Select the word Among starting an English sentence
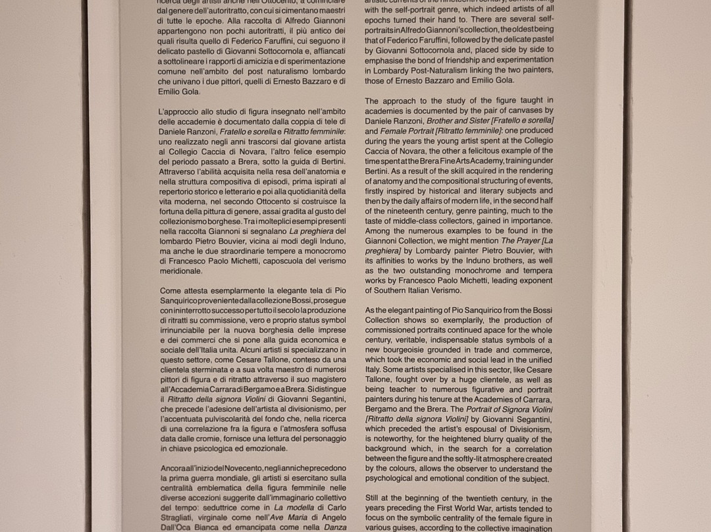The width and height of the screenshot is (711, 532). click(x=379, y=231)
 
